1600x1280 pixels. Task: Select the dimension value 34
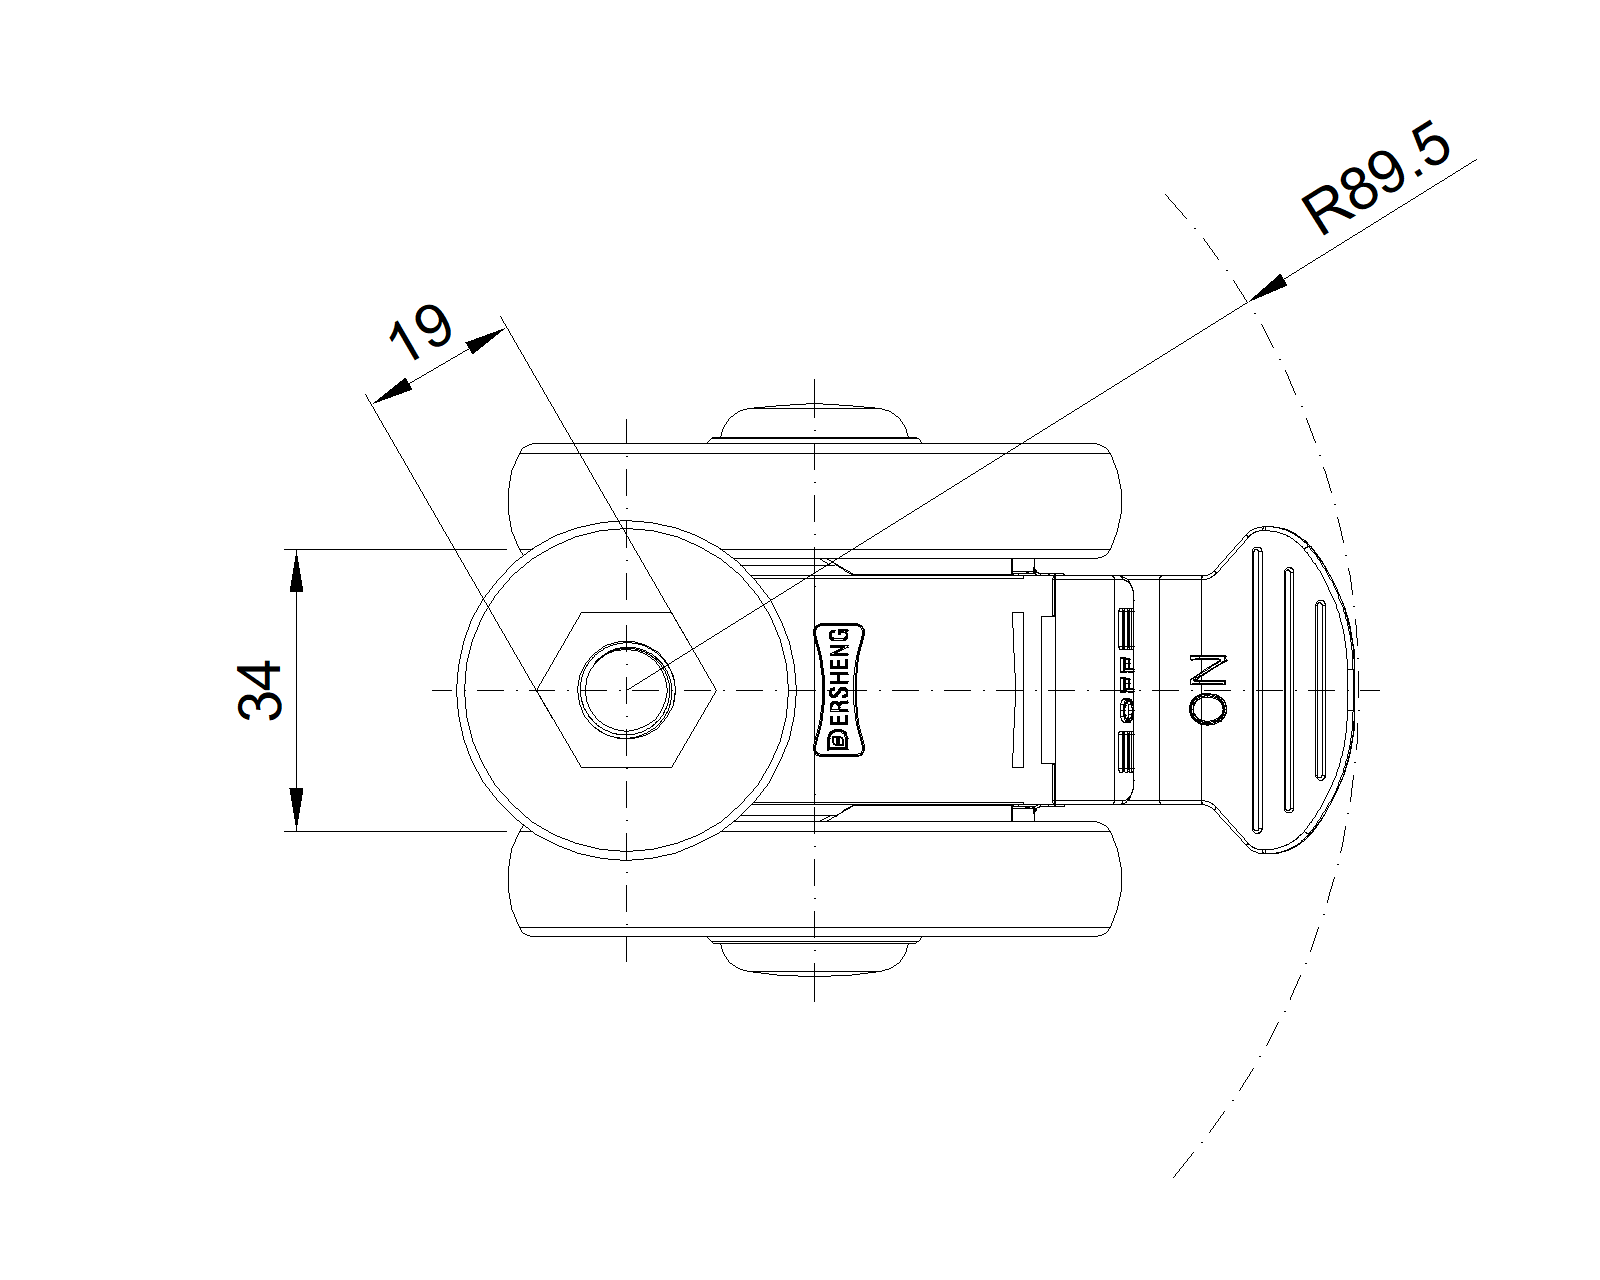tap(261, 690)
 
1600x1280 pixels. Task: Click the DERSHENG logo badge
tap(838, 689)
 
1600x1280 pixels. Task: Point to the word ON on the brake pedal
tap(1209, 690)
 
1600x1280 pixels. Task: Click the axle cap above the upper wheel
tap(815, 421)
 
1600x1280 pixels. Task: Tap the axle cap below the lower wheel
tap(815, 957)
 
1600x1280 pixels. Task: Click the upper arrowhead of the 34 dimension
tap(296, 569)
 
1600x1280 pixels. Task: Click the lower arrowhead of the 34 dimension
tap(296, 810)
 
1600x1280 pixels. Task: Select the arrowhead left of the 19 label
tap(391, 391)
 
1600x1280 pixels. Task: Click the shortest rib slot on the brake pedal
tap(1319, 690)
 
